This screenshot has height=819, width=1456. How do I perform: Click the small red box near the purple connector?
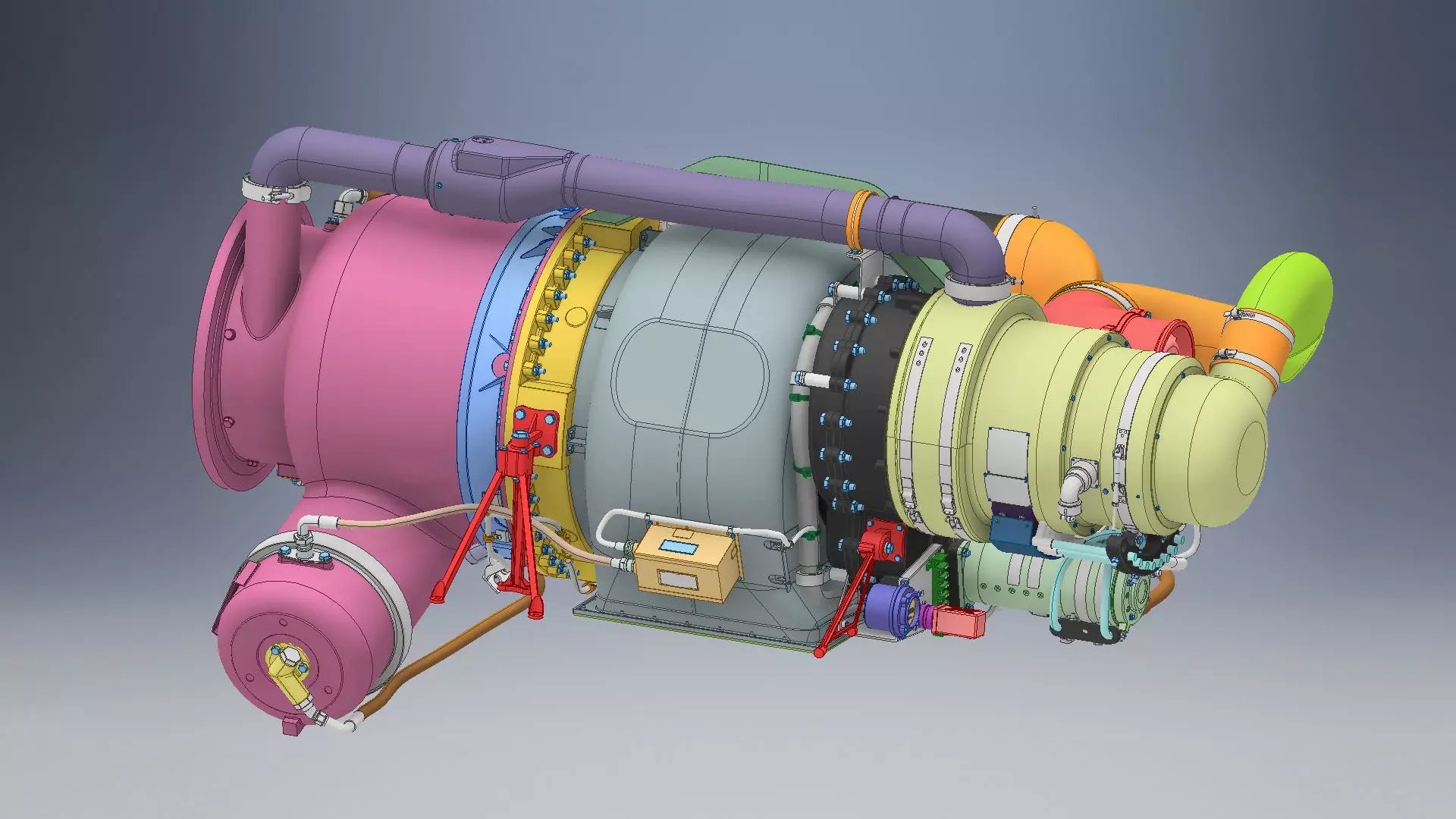point(958,621)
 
